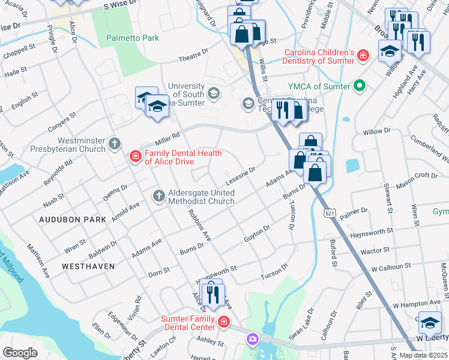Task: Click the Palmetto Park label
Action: tap(133, 38)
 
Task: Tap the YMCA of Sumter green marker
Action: tap(360, 86)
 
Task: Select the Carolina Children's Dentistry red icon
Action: tap(363, 56)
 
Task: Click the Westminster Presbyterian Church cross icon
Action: tap(115, 144)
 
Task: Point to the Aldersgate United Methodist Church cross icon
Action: tap(158, 196)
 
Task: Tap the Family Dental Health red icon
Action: tap(136, 157)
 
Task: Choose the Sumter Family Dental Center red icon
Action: tap(224, 322)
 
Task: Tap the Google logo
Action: tap(20, 353)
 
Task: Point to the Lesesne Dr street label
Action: tap(241, 175)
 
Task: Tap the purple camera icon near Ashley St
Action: tap(253, 340)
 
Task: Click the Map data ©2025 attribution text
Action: tap(423, 355)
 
